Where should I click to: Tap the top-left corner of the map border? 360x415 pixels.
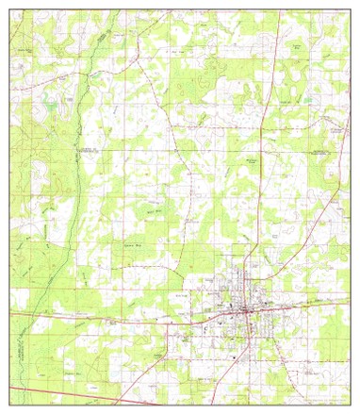tap(10, 10)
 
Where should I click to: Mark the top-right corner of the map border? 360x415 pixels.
tap(349, 10)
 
